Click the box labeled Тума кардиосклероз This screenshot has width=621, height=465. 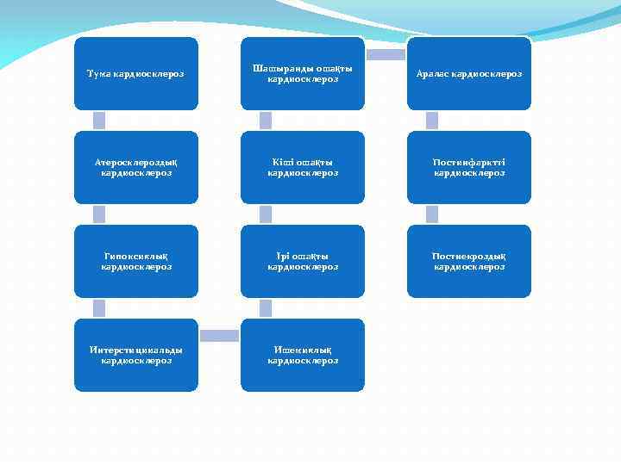point(135,73)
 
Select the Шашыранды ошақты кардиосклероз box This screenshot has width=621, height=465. point(302,73)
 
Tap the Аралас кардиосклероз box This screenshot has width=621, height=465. point(468,73)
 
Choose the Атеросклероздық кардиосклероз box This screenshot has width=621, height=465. point(135,167)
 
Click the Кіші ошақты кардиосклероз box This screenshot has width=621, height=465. point(302,167)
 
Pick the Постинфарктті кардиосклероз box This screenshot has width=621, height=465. point(468,167)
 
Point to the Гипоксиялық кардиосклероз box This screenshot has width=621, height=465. point(135,261)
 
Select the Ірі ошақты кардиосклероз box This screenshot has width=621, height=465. point(302,261)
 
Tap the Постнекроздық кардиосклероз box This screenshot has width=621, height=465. point(468,261)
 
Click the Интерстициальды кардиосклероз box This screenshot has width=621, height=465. point(135,355)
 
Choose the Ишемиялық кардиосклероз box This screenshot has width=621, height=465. point(302,355)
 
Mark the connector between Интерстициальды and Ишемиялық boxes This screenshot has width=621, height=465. point(219,336)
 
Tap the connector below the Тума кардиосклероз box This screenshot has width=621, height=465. point(99,121)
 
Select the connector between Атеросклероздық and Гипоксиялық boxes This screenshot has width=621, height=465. point(99,214)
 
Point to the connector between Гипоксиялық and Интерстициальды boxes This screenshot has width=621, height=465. point(99,307)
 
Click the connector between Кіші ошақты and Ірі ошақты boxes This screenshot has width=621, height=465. point(266,214)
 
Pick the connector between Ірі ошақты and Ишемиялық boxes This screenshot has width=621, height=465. point(266,307)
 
